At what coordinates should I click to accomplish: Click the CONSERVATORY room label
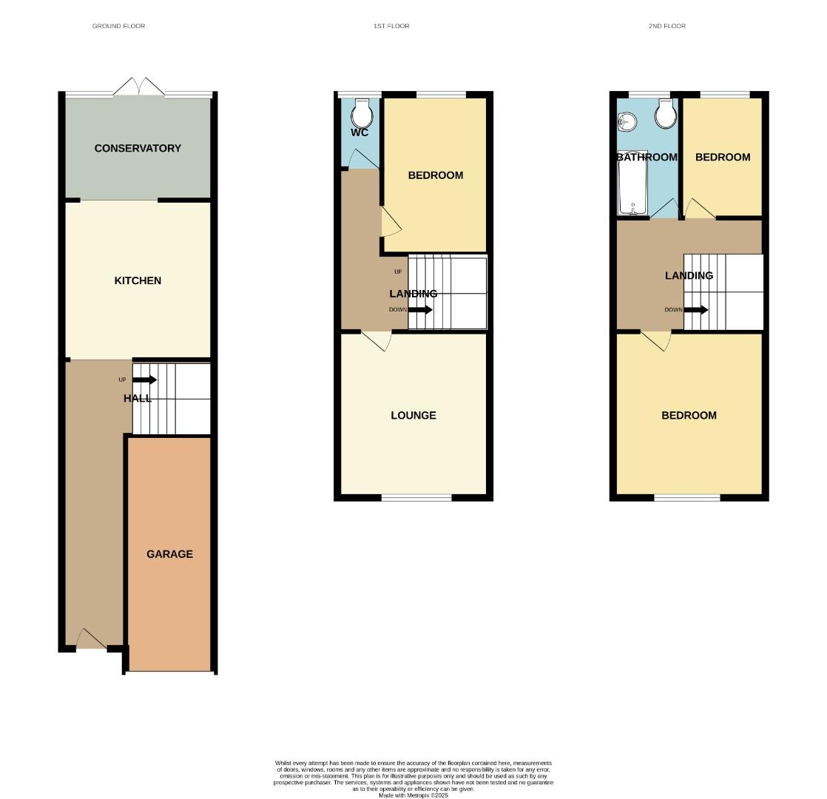[x=138, y=148]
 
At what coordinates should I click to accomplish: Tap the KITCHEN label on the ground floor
[x=138, y=280]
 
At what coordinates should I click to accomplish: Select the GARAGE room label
[x=169, y=554]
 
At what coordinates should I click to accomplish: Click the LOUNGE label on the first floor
[x=413, y=415]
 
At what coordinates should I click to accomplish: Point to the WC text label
[x=360, y=133]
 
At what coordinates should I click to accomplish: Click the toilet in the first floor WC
[x=362, y=114]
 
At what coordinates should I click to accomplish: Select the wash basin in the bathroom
[x=627, y=121]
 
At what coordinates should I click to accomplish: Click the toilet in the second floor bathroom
[x=665, y=114]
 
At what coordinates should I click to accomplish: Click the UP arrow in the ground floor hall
[x=144, y=380]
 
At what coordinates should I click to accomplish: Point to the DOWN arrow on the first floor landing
[x=419, y=310]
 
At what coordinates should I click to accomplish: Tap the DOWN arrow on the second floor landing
[x=695, y=310]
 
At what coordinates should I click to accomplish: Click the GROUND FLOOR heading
[x=118, y=26]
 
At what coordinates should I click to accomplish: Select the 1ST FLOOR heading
[x=391, y=26]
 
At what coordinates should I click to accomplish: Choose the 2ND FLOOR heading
[x=667, y=26]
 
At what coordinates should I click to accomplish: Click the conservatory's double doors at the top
[x=138, y=87]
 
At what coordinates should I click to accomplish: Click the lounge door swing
[x=377, y=340]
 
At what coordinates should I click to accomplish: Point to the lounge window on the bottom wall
[x=416, y=498]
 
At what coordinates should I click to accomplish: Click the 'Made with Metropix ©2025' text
[x=413, y=795]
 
